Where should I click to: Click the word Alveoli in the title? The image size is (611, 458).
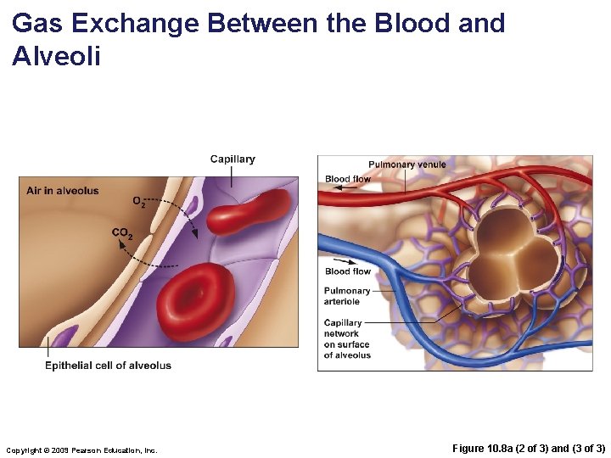point(57,57)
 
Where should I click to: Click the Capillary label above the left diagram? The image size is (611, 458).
point(233,159)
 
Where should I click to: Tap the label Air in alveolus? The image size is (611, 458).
point(63,191)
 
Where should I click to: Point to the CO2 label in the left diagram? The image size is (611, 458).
point(122,233)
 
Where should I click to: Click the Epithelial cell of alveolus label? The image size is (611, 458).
point(108,366)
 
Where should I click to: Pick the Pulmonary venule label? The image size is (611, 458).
point(406,165)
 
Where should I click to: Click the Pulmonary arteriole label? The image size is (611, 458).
point(347,296)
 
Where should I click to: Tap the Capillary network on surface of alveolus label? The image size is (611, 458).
point(347,338)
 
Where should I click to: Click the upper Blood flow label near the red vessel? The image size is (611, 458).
point(348,179)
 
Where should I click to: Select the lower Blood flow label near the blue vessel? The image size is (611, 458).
point(348,271)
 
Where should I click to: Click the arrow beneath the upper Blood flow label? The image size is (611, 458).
point(345,188)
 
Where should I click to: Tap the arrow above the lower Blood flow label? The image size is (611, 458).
point(345,260)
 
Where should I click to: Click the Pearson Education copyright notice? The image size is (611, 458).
point(81,450)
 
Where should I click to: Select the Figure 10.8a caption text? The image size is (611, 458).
point(528,448)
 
